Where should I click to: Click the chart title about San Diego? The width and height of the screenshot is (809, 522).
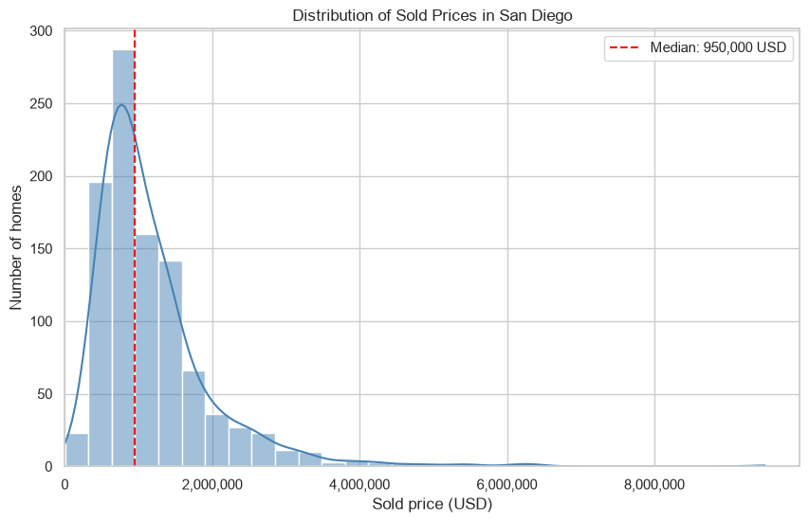click(432, 15)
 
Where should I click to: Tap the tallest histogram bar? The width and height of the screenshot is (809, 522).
click(124, 259)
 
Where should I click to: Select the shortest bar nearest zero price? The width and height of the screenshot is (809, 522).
click(77, 450)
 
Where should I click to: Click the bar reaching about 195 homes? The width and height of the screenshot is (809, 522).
click(101, 325)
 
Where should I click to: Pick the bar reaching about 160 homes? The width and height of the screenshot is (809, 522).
click(147, 351)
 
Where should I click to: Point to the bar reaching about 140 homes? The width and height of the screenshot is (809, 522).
click(171, 364)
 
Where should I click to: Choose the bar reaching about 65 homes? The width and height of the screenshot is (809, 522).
click(194, 419)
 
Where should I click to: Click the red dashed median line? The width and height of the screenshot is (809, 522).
click(135, 248)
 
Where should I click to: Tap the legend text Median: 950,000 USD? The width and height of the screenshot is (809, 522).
click(718, 47)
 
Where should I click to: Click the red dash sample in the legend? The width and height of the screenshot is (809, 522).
click(624, 47)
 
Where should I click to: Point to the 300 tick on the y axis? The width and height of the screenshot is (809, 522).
click(42, 31)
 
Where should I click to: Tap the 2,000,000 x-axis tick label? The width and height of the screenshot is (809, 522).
click(212, 485)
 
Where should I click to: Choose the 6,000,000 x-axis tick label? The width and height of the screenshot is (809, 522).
click(507, 485)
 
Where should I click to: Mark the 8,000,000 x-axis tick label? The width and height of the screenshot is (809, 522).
click(654, 485)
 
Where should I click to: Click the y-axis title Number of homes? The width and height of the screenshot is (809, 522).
click(16, 247)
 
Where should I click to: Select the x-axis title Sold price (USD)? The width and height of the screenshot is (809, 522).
click(432, 504)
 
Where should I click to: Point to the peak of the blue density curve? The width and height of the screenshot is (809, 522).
click(121, 104)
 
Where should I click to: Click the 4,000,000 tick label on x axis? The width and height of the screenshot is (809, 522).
click(359, 485)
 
